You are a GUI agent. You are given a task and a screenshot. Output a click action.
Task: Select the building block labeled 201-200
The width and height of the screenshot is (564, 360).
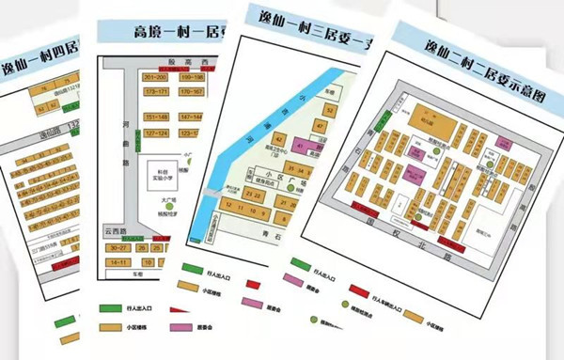point(156,76)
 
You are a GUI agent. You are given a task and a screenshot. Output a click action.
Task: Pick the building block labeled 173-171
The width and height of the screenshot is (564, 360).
point(156,91)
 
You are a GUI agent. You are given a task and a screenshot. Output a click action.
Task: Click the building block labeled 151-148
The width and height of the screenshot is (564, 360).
point(156,117)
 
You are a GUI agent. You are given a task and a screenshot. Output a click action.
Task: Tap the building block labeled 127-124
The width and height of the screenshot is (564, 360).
point(155,133)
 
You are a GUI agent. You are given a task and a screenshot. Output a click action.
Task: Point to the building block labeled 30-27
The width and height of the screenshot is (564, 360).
point(119,247)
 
